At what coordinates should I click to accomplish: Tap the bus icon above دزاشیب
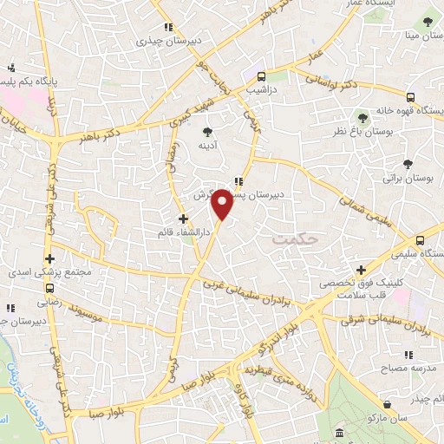(x=260, y=75)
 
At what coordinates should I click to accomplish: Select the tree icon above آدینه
(x=206, y=132)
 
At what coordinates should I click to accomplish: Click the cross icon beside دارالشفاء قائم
(x=182, y=219)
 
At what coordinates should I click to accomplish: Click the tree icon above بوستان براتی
(x=408, y=163)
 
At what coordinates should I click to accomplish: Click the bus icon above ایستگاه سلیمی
(x=421, y=240)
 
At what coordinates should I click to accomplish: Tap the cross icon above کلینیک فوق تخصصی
(x=361, y=270)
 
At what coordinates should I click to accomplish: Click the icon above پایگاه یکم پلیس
(x=10, y=68)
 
